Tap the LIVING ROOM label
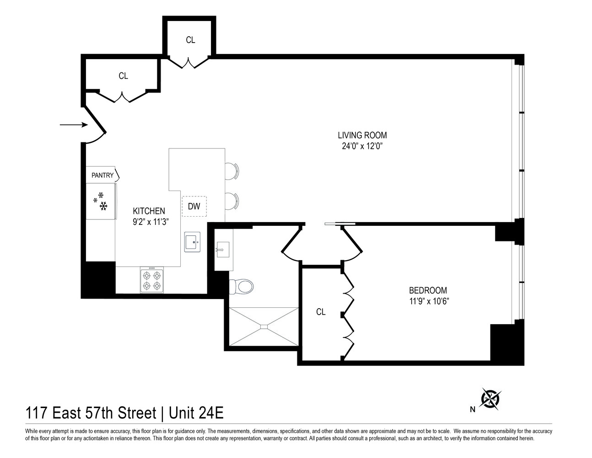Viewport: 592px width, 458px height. tap(362, 135)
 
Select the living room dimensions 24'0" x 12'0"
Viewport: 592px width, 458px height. tap(362, 147)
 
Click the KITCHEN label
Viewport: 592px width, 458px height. tap(149, 211)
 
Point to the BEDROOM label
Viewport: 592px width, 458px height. tap(428, 290)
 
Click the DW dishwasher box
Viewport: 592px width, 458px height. tap(194, 207)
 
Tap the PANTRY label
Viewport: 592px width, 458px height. tap(102, 175)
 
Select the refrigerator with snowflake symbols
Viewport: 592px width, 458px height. tap(101, 202)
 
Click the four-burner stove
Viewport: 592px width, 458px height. tap(151, 281)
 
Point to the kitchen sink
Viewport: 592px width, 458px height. tap(192, 242)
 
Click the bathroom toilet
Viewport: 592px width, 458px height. tap(241, 287)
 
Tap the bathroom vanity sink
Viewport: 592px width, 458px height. tap(223, 250)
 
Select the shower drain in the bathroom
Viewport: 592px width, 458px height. tap(264, 327)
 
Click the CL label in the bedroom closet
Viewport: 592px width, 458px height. tap(321, 312)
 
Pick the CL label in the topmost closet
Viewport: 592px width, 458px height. tap(190, 40)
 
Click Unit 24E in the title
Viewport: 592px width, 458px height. tap(196, 413)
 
